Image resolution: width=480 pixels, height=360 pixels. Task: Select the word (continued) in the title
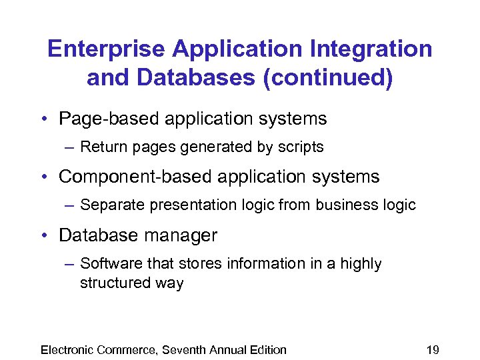pyautogui.click(x=328, y=78)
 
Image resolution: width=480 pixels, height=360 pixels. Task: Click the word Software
pyautogui.click(x=107, y=264)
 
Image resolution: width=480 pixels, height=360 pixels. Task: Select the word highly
pyautogui.click(x=360, y=264)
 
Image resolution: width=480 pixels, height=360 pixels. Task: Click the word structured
pyautogui.click(x=110, y=283)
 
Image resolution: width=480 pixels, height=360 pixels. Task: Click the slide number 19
pyautogui.click(x=433, y=350)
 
